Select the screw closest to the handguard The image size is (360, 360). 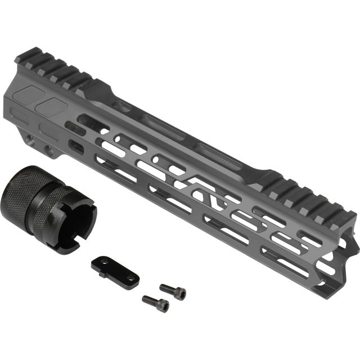pyautogui.click(x=173, y=290)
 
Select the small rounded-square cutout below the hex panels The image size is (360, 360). pyautogui.click(x=75, y=146)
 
